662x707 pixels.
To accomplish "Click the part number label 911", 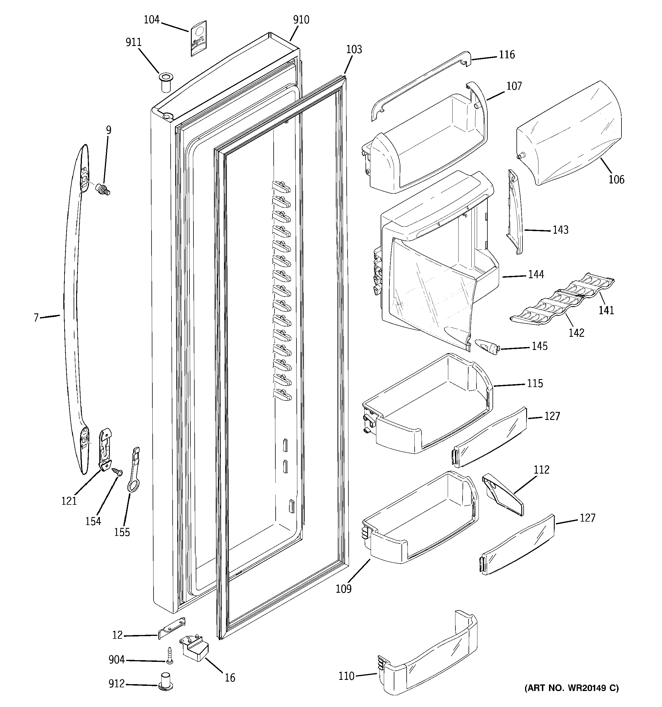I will point(133,43).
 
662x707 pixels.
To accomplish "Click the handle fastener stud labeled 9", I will point(103,189).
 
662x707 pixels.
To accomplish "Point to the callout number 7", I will point(36,318).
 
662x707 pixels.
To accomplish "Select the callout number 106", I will point(616,180).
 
